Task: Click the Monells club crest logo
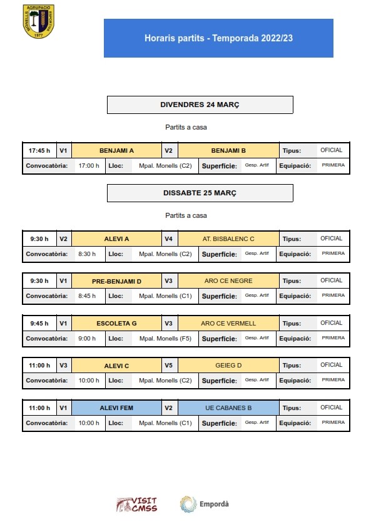[38, 21]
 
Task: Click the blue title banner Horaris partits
[218, 38]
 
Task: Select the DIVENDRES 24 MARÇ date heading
[200, 105]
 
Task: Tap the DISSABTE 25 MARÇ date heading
[200, 193]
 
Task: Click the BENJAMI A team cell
[116, 150]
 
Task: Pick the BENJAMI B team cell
[228, 150]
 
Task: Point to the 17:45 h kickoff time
[39, 150]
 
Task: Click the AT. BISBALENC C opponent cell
[228, 239]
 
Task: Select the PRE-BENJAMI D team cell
[116, 281]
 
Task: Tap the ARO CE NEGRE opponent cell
[228, 280]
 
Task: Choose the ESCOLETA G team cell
[116, 323]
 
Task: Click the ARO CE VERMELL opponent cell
[228, 323]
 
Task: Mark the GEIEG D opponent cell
[228, 365]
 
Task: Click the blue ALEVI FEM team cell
[116, 408]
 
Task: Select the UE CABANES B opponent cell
[228, 408]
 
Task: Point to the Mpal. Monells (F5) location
[165, 338]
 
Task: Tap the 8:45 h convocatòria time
[87, 295]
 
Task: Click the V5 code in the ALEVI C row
[168, 365]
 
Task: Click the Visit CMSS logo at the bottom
[136, 505]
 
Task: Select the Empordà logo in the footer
[205, 504]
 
